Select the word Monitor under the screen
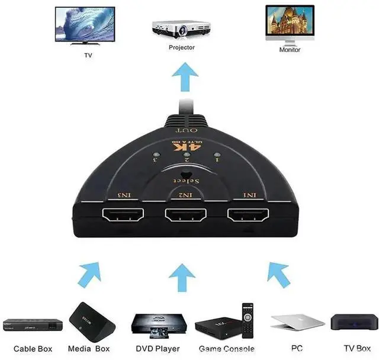click(290, 50)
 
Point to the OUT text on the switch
click(187, 130)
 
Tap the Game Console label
click(227, 349)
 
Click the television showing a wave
click(85, 25)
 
